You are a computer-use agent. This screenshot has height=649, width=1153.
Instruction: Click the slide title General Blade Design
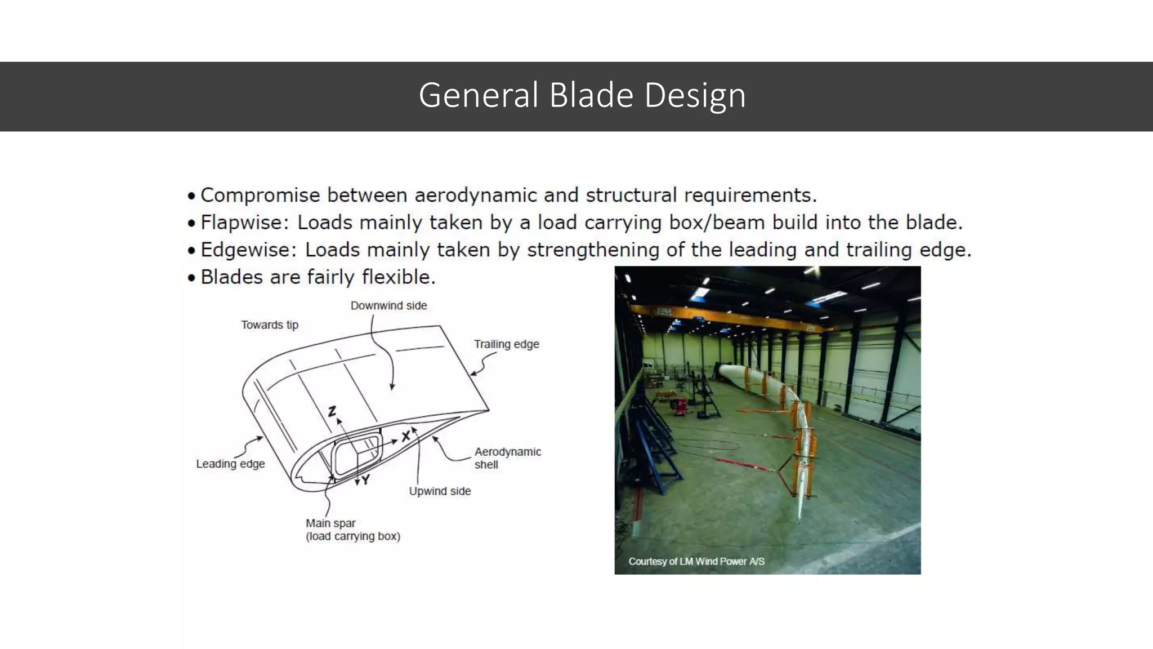click(x=582, y=95)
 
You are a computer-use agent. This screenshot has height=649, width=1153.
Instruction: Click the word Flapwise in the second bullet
click(x=244, y=223)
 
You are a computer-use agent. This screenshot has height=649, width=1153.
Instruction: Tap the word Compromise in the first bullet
click(x=260, y=195)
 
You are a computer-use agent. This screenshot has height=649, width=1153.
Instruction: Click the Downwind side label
click(x=388, y=306)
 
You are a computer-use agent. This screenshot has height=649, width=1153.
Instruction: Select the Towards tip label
click(x=270, y=325)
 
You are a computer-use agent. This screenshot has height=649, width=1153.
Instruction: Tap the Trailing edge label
click(x=506, y=344)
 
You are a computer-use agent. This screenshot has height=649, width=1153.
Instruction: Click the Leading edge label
click(x=230, y=464)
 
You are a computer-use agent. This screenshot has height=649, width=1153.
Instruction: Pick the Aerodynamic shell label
click(x=507, y=457)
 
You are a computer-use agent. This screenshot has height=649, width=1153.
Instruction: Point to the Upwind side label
click(x=440, y=491)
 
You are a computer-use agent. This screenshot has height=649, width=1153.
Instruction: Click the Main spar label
click(x=331, y=523)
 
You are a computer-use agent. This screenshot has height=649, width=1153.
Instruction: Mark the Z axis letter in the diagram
click(x=332, y=412)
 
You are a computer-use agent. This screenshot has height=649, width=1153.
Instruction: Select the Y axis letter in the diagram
click(x=366, y=480)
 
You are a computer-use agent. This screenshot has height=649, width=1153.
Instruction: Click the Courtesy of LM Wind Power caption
click(x=696, y=562)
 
